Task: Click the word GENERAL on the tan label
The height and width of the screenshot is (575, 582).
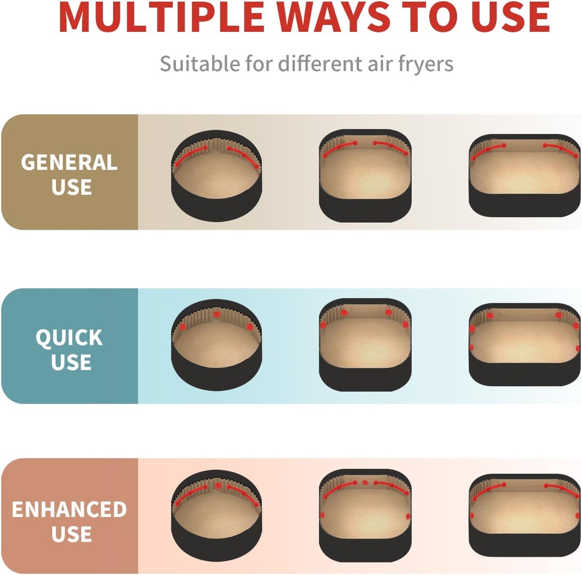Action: tap(69, 163)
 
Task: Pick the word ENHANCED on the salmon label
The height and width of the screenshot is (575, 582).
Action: tap(69, 509)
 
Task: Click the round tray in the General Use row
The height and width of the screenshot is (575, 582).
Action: tap(217, 176)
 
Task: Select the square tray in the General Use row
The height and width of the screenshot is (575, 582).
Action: tap(365, 176)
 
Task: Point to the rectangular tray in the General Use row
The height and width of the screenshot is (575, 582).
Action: tap(525, 176)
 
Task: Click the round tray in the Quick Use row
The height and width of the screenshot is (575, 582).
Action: tap(217, 345)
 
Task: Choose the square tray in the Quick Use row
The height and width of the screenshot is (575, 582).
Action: tap(365, 345)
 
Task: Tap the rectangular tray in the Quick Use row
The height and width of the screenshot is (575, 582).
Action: tap(525, 345)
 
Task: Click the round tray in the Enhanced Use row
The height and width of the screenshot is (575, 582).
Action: tap(217, 516)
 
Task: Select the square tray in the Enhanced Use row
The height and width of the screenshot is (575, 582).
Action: tap(365, 516)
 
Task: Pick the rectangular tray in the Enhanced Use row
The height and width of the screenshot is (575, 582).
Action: tap(525, 516)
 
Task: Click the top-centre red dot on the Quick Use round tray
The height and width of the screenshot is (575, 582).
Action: tap(217, 315)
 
